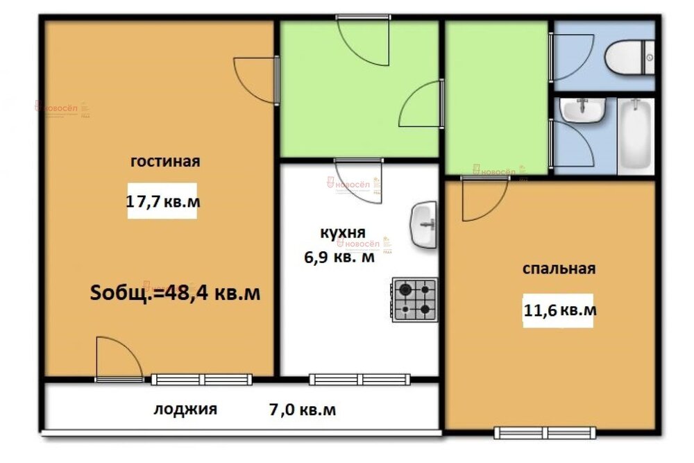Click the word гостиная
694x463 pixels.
[165, 162]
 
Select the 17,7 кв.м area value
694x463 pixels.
[162, 202]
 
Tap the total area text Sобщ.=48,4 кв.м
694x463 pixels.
[176, 293]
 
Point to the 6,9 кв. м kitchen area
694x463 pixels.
[339, 258]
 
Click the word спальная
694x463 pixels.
[559, 269]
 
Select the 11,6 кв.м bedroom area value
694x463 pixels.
[559, 310]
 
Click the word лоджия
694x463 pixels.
[185, 409]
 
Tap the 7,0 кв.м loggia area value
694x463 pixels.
[302, 410]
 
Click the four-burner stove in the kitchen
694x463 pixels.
[414, 300]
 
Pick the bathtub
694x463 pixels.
[636, 137]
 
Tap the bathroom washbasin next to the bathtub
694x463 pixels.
[584, 110]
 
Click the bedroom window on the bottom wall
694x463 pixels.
[545, 432]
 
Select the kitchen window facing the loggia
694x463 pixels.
[359, 379]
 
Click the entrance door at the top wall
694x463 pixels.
[363, 38]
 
